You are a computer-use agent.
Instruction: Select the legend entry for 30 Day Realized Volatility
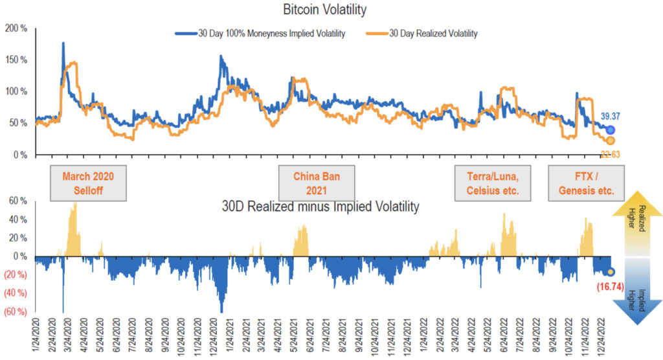[433, 34]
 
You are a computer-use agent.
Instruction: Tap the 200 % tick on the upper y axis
[15, 28]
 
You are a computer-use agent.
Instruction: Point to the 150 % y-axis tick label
[15, 60]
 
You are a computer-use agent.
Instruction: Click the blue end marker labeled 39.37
[611, 130]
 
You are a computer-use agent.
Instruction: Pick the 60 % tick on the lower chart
[16, 201]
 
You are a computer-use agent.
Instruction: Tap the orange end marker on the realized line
[610, 141]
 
